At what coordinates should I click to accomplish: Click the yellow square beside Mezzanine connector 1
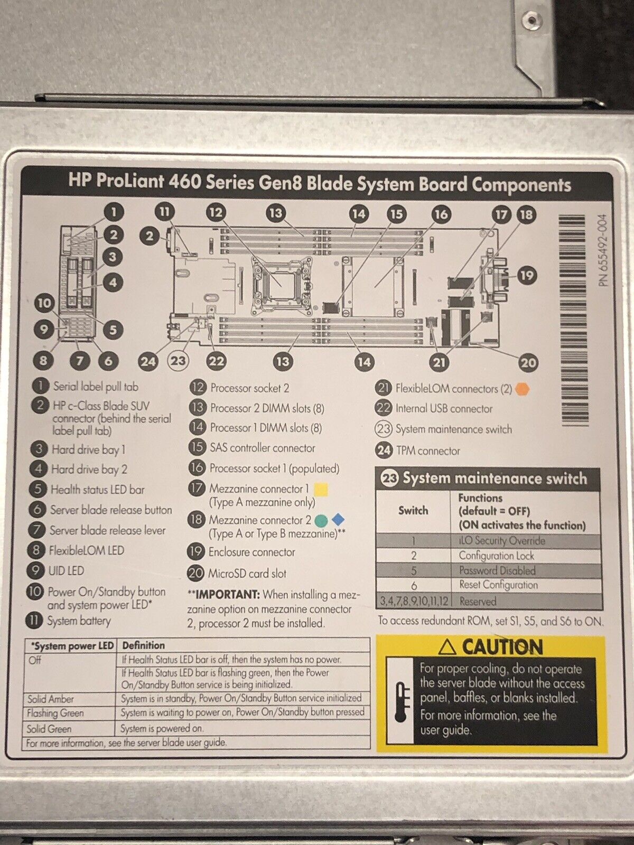click(321, 489)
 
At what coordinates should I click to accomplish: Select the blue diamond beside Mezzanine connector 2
click(338, 520)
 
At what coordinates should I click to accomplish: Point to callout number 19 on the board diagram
click(526, 275)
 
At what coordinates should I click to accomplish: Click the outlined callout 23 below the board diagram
click(178, 361)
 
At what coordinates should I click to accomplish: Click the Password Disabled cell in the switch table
click(497, 570)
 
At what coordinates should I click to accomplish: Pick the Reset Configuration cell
click(498, 585)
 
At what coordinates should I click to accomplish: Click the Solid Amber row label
click(51, 699)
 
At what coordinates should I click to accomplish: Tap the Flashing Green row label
click(55, 713)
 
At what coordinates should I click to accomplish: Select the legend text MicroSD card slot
click(247, 573)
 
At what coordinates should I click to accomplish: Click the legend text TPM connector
click(428, 450)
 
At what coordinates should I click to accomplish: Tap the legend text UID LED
click(66, 571)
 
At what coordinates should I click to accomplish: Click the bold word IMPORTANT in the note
click(228, 595)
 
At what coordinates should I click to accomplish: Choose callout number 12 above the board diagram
click(216, 213)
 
